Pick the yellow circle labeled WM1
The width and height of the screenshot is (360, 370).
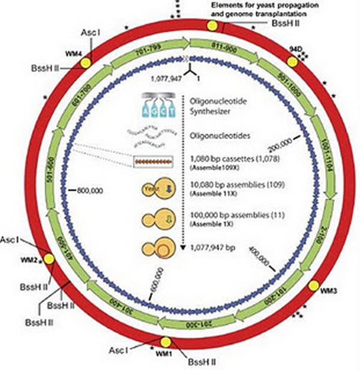pyautogui.click(x=166, y=342)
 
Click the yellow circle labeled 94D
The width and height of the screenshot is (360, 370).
pyautogui.click(x=292, y=61)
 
